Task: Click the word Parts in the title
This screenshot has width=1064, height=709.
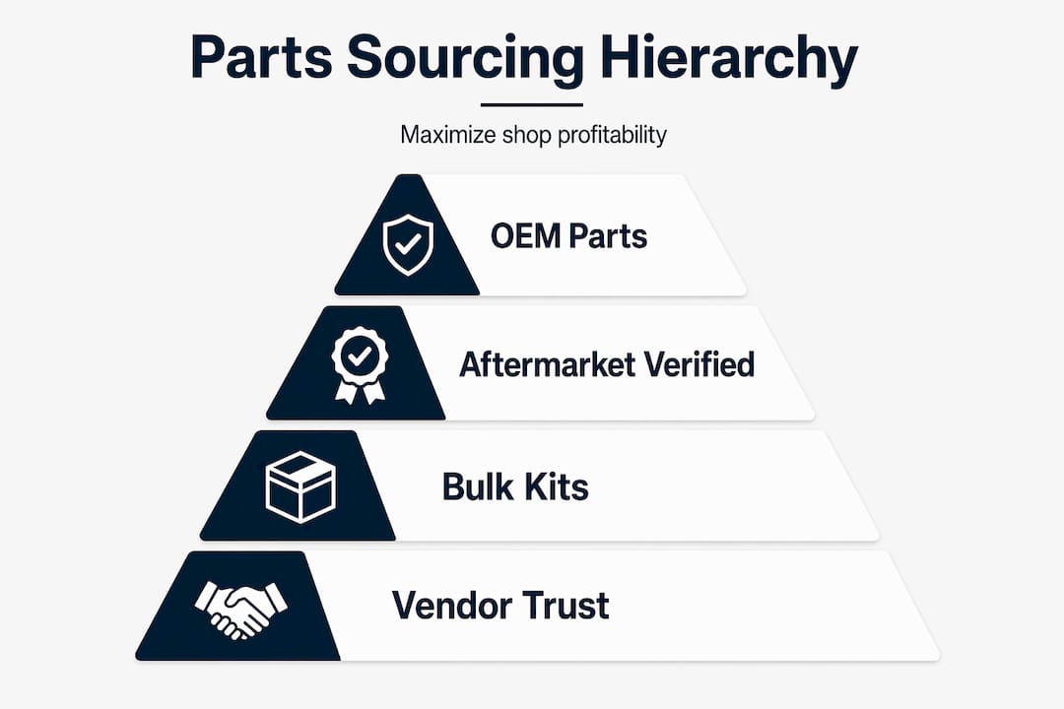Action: [261, 58]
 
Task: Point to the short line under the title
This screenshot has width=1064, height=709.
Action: [531, 105]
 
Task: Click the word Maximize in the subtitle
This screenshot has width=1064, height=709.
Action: [448, 134]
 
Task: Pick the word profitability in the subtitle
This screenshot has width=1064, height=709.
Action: [612, 135]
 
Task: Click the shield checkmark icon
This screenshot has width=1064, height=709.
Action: [408, 245]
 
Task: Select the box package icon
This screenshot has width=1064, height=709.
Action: [300, 487]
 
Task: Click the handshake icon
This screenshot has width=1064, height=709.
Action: [241, 610]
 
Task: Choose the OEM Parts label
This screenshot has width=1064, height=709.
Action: [568, 236]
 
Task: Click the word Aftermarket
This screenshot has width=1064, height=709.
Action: [546, 364]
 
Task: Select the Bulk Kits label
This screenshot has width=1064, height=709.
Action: [515, 486]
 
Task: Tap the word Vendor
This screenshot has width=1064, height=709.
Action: [449, 606]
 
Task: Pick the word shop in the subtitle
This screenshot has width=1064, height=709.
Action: [526, 136]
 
